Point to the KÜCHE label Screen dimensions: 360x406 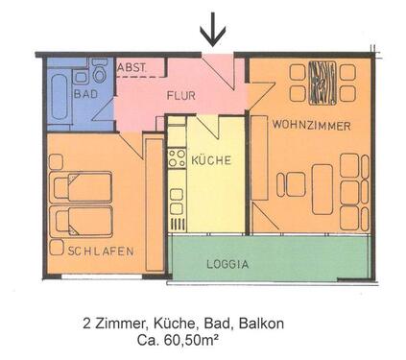210,160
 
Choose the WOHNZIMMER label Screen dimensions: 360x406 309,126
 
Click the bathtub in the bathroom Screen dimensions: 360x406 57,92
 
